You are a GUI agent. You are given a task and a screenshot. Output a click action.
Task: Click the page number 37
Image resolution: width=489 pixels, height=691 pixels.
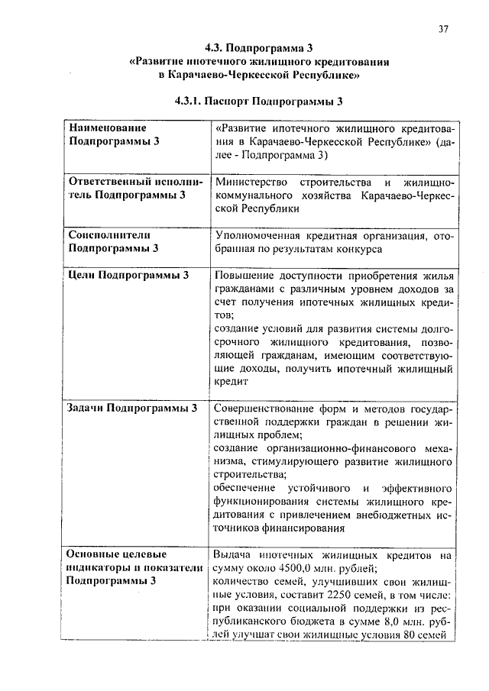coord(444,28)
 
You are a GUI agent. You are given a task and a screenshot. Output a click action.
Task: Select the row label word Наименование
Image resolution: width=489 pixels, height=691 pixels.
coord(108,128)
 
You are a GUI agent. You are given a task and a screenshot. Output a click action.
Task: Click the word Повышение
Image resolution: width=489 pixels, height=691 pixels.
coord(246,276)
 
